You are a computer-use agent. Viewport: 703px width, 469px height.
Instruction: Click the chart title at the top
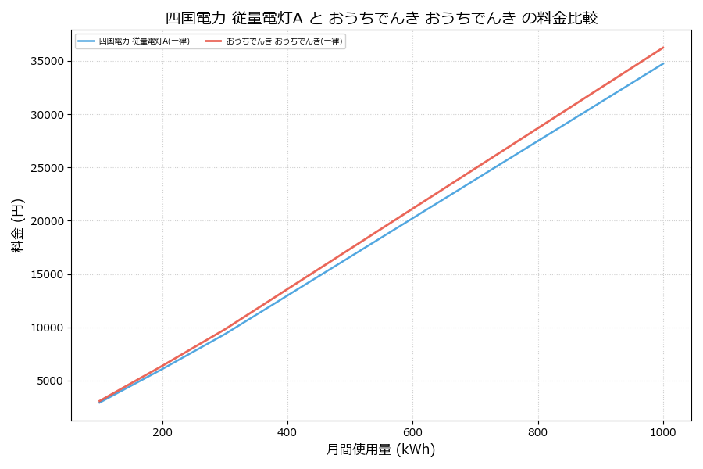point(381,17)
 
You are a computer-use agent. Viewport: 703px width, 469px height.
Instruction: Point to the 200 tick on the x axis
point(162,431)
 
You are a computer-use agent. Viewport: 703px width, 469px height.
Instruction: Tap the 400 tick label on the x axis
point(287,431)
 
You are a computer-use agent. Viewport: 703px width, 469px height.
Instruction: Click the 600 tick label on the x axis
point(412,431)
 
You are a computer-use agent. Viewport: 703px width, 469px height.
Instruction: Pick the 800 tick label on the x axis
point(538,431)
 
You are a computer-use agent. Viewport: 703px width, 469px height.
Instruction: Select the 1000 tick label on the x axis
point(663,431)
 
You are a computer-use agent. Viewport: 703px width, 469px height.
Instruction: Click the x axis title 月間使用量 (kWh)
point(380,450)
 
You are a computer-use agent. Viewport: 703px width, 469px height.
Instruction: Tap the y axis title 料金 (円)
point(17,225)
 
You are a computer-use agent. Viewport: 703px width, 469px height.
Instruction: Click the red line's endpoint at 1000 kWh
point(663,47)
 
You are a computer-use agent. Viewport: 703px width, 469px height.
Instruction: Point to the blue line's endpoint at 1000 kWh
point(663,63)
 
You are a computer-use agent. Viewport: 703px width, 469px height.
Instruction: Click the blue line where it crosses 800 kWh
point(538,140)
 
